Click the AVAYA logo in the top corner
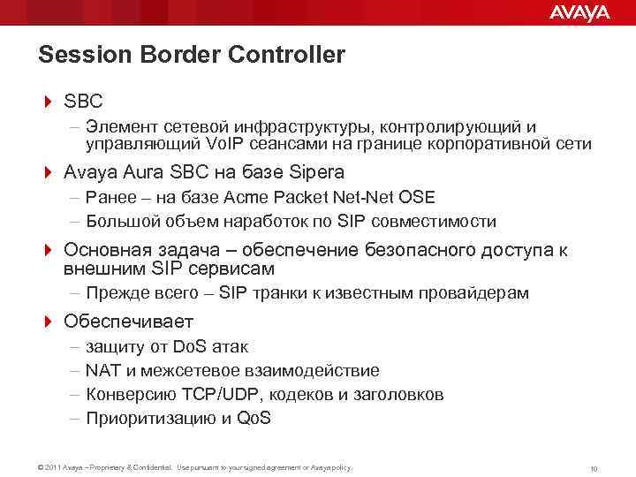point(579,12)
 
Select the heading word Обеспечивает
point(128,321)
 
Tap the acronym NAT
point(102,370)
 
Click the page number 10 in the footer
point(594,467)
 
